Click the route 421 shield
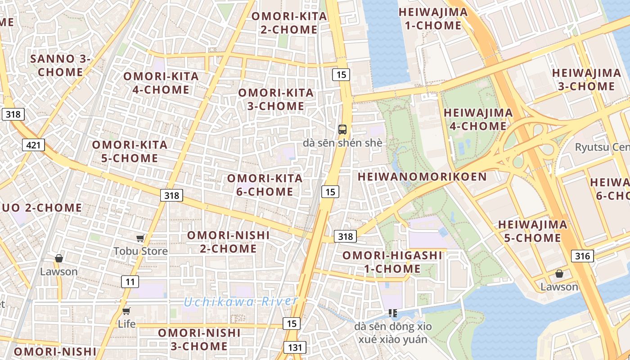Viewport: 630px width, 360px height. [33, 145]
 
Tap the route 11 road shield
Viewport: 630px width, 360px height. [130, 282]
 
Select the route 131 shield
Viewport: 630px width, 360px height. [295, 347]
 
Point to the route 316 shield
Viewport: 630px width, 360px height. [582, 256]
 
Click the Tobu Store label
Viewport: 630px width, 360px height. [140, 251]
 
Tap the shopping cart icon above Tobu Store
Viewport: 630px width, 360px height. [140, 238]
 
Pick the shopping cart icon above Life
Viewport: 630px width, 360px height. [126, 311]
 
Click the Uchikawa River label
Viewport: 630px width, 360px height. [241, 301]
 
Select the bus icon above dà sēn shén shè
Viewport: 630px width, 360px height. [342, 130]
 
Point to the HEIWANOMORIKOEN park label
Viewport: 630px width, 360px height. [422, 177]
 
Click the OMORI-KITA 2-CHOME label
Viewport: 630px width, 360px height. [289, 23]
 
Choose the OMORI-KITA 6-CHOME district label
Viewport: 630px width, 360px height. [265, 185]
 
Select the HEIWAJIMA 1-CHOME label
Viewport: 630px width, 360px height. [433, 19]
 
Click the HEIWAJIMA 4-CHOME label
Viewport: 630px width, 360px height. [478, 119]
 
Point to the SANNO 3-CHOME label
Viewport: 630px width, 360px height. [60, 65]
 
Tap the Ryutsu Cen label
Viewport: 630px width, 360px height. [602, 147]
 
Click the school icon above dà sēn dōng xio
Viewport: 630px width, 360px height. [392, 313]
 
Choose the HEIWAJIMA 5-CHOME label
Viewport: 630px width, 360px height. [532, 231]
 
